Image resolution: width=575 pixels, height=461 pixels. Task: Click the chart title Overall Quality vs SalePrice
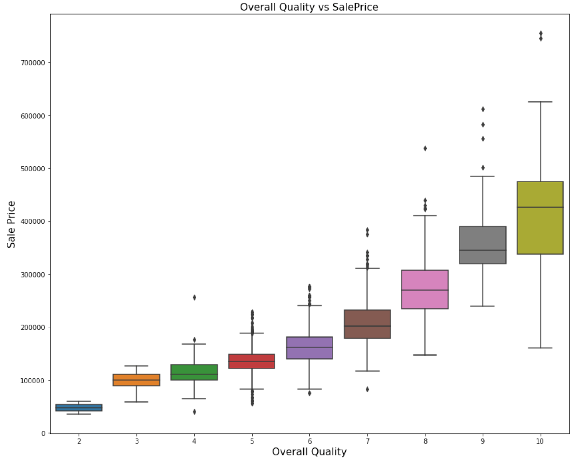pos(309,7)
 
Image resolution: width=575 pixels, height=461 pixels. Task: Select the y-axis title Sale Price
pos(11,224)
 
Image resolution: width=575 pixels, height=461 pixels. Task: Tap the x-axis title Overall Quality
pos(309,452)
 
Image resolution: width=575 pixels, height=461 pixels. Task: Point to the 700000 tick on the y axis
pos(33,63)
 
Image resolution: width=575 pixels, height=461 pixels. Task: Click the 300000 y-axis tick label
pos(33,274)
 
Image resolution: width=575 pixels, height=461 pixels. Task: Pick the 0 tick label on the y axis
pos(43,433)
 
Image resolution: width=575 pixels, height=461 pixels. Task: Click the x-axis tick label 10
pos(540,441)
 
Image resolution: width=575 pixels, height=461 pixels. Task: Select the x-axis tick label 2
pos(79,441)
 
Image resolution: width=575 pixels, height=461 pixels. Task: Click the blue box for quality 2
pos(79,407)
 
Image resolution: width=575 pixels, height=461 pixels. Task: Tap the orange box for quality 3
pos(137,380)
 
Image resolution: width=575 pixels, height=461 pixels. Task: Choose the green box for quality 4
pos(194,372)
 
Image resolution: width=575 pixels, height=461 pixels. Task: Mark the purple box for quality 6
pos(310,348)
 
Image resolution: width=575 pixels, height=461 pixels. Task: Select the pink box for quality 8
pos(425,289)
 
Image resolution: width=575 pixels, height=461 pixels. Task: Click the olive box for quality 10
pos(540,217)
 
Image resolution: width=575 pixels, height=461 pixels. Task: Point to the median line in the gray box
pos(483,250)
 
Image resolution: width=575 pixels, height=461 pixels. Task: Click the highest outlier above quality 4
pos(194,297)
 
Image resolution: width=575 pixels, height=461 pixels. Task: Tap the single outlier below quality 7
pos(367,389)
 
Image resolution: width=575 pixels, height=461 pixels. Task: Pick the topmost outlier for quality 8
pos(425,148)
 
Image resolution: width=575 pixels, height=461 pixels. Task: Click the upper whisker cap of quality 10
pos(540,102)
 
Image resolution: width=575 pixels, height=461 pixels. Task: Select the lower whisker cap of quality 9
pos(483,306)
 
